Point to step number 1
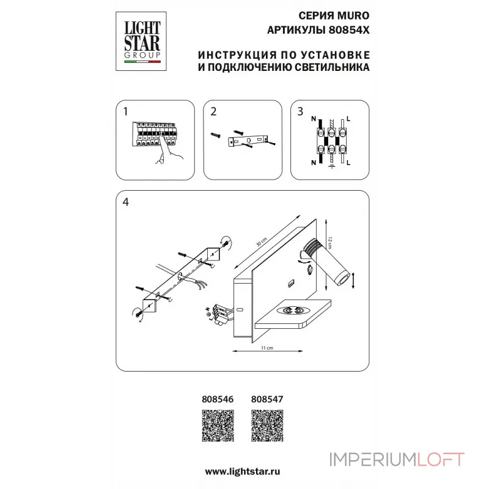125,112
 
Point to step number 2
213,112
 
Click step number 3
300,112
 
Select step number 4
125,202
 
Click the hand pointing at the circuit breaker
163,156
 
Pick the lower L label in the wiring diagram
348,164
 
